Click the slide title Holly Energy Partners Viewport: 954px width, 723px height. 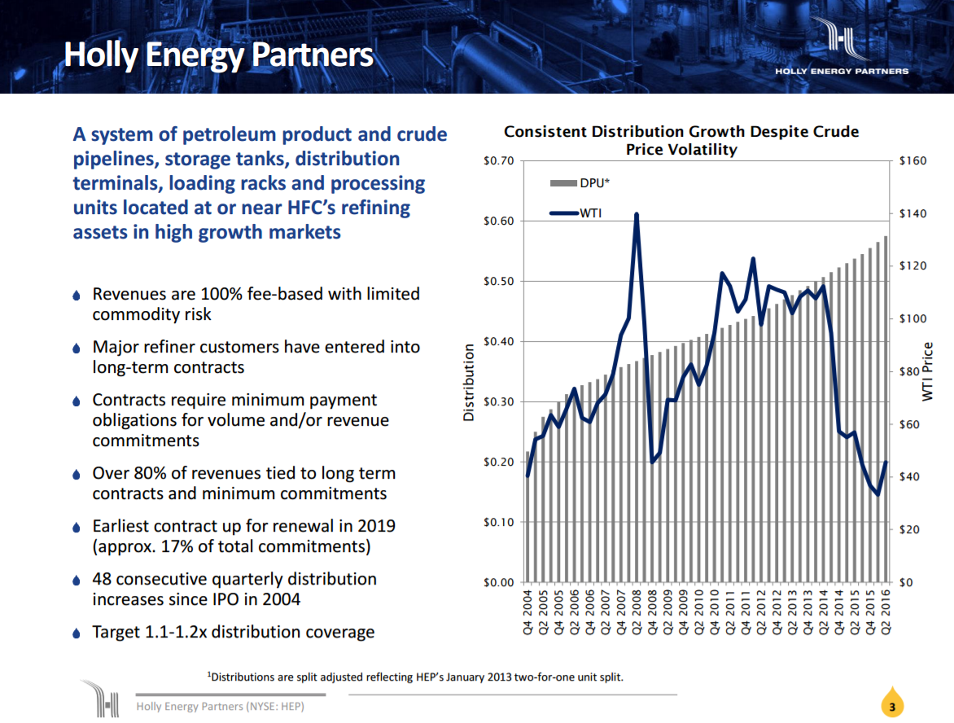click(x=218, y=55)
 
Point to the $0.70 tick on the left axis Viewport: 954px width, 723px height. click(x=498, y=161)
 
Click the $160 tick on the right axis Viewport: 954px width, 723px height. click(x=912, y=161)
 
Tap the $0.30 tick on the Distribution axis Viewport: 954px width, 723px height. click(x=498, y=402)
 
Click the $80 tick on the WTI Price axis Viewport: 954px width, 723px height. click(x=909, y=372)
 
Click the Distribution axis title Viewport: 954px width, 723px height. click(x=469, y=382)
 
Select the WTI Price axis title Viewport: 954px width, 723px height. click(x=927, y=371)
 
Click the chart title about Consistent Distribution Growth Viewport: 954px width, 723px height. click(x=681, y=140)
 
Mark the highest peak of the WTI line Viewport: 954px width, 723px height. click(x=636, y=215)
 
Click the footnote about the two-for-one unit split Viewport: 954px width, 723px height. click(x=416, y=677)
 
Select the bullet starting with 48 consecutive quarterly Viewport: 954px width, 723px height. click(x=234, y=589)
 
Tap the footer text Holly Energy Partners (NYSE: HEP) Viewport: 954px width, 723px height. click(x=220, y=706)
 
